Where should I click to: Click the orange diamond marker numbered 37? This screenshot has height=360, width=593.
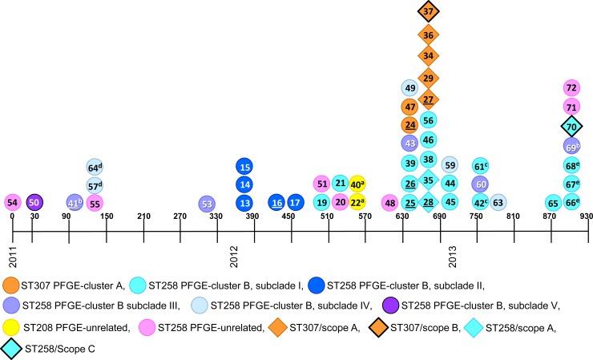[x=428, y=12]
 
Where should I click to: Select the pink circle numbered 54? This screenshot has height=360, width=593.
[x=12, y=202]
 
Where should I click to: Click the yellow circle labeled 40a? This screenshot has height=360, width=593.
[x=358, y=184]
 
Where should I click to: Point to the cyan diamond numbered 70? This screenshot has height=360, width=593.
[x=571, y=126]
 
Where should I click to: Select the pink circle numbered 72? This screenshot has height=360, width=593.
[x=571, y=87]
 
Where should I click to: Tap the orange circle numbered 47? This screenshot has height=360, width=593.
[x=409, y=106]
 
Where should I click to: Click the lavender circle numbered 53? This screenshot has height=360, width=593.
[x=207, y=202]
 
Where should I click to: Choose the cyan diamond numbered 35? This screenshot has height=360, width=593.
[x=428, y=180]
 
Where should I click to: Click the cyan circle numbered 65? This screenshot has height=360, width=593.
[x=553, y=202]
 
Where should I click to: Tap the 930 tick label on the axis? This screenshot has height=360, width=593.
[x=585, y=216]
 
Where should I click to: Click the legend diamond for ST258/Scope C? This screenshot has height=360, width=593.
[x=12, y=349]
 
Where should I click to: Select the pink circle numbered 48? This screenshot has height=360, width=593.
[x=390, y=202]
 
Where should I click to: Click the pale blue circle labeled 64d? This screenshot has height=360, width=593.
[x=95, y=167]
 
